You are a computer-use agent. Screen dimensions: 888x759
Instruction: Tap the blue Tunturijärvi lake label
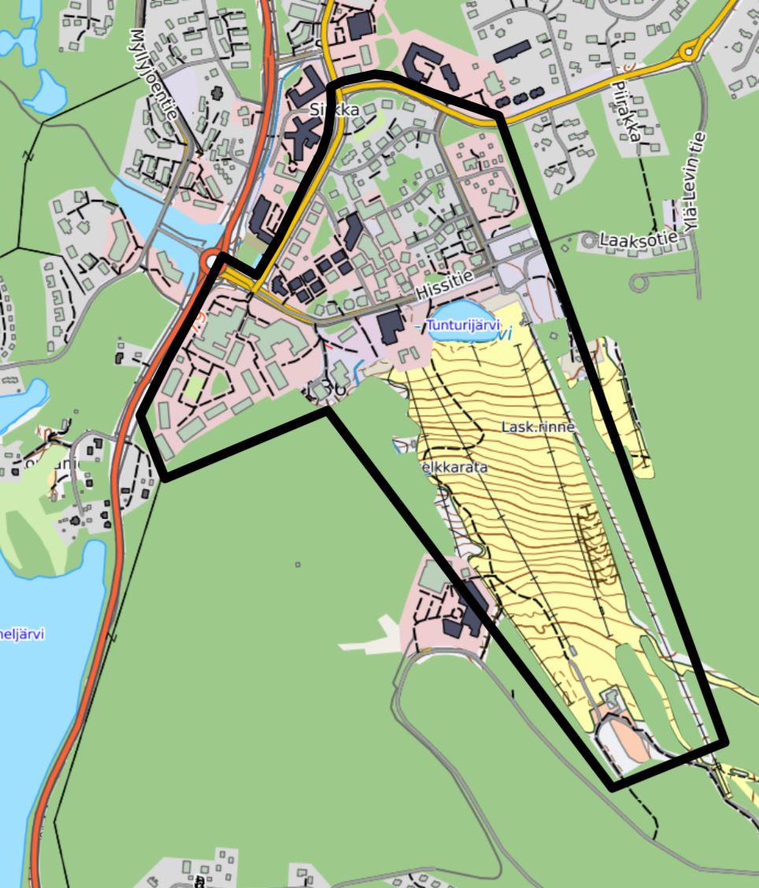pos(464,325)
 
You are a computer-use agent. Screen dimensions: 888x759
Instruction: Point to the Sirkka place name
pos(335,110)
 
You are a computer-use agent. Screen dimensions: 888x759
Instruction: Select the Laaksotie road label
pos(639,239)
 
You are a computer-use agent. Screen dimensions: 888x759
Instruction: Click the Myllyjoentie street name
pos(154,76)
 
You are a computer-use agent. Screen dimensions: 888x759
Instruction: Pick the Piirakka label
pos(627,110)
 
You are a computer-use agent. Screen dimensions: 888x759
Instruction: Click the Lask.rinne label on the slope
pos(539,426)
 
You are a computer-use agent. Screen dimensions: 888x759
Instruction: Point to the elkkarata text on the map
pos(454,467)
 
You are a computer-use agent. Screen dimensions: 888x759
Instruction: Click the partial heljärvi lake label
pos(22,635)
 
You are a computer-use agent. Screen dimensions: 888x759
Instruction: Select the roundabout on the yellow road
pos(691,52)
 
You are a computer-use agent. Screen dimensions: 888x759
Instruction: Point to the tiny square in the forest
pos(298,564)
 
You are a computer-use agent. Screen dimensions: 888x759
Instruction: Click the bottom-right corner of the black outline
pos(725,741)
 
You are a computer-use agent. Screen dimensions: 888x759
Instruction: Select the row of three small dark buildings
pos(517,100)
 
